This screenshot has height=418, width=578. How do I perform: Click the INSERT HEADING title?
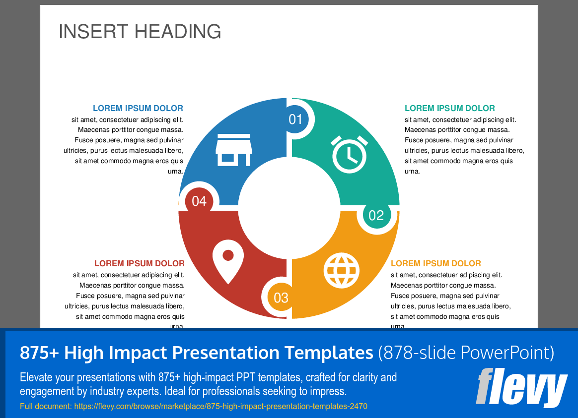click(140, 32)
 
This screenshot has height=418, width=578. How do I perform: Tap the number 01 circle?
click(296, 119)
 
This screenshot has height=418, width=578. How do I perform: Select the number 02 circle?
click(376, 215)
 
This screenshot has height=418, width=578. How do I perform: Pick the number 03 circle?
click(281, 298)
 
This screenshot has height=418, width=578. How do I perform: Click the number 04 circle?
click(199, 201)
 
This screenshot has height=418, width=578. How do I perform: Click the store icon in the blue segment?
click(233, 149)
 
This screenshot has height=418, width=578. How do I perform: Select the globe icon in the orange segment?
click(341, 271)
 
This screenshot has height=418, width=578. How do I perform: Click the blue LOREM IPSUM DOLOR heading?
click(138, 108)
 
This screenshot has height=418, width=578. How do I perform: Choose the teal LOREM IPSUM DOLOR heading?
click(449, 108)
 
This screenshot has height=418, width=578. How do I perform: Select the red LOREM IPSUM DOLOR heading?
click(140, 263)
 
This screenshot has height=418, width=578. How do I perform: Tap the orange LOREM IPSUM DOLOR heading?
click(435, 263)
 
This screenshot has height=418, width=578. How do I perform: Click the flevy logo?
click(521, 387)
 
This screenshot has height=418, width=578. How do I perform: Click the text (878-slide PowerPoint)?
click(466, 353)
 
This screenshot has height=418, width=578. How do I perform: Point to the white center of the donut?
click(289, 208)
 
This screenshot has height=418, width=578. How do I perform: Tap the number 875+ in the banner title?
click(40, 353)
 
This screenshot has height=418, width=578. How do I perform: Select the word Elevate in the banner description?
click(36, 377)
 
